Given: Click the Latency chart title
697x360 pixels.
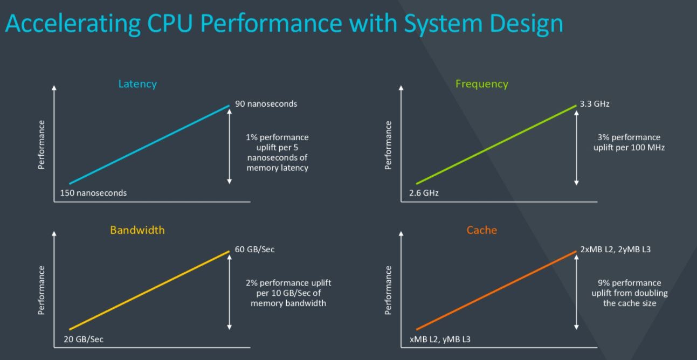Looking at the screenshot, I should (137, 84).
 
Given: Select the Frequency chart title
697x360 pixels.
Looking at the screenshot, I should (481, 84).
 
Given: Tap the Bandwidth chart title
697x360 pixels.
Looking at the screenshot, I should (137, 230).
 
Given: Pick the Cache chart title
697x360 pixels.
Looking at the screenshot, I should (481, 230).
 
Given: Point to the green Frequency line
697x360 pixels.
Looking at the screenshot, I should (496, 144).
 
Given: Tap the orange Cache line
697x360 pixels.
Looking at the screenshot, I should (496, 290).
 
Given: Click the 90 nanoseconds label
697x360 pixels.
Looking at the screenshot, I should (266, 104).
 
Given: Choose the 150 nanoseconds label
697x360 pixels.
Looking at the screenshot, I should (93, 192).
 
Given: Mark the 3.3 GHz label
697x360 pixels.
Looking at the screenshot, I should (595, 104).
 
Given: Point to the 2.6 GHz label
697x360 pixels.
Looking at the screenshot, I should (424, 192).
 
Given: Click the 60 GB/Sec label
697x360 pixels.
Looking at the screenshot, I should (254, 250).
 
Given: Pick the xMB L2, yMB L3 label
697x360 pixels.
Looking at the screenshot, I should (440, 339).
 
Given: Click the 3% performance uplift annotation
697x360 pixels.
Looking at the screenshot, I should (629, 142).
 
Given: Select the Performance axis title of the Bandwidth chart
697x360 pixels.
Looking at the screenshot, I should (42, 290).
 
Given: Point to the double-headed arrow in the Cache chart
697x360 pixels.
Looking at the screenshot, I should (576, 292).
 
